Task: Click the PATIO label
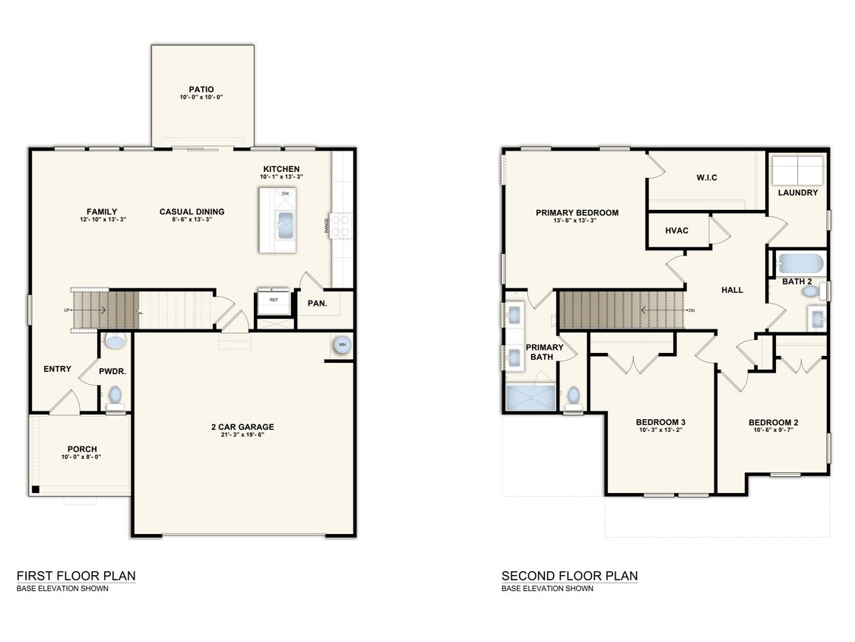click(x=201, y=89)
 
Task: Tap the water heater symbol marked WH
click(x=340, y=345)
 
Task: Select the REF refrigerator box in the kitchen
click(x=274, y=300)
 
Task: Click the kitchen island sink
click(x=286, y=226)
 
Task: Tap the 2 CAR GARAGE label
click(x=242, y=427)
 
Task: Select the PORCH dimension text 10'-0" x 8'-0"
click(x=81, y=457)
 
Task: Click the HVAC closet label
click(x=676, y=230)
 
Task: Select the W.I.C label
click(x=707, y=177)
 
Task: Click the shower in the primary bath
click(x=530, y=398)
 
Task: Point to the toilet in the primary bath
click(x=574, y=396)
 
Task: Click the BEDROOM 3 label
click(x=660, y=422)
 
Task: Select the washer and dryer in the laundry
click(x=797, y=169)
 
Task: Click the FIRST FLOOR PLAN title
click(x=76, y=576)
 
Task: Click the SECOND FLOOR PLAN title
click(x=569, y=576)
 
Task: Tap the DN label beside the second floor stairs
click(x=691, y=310)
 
